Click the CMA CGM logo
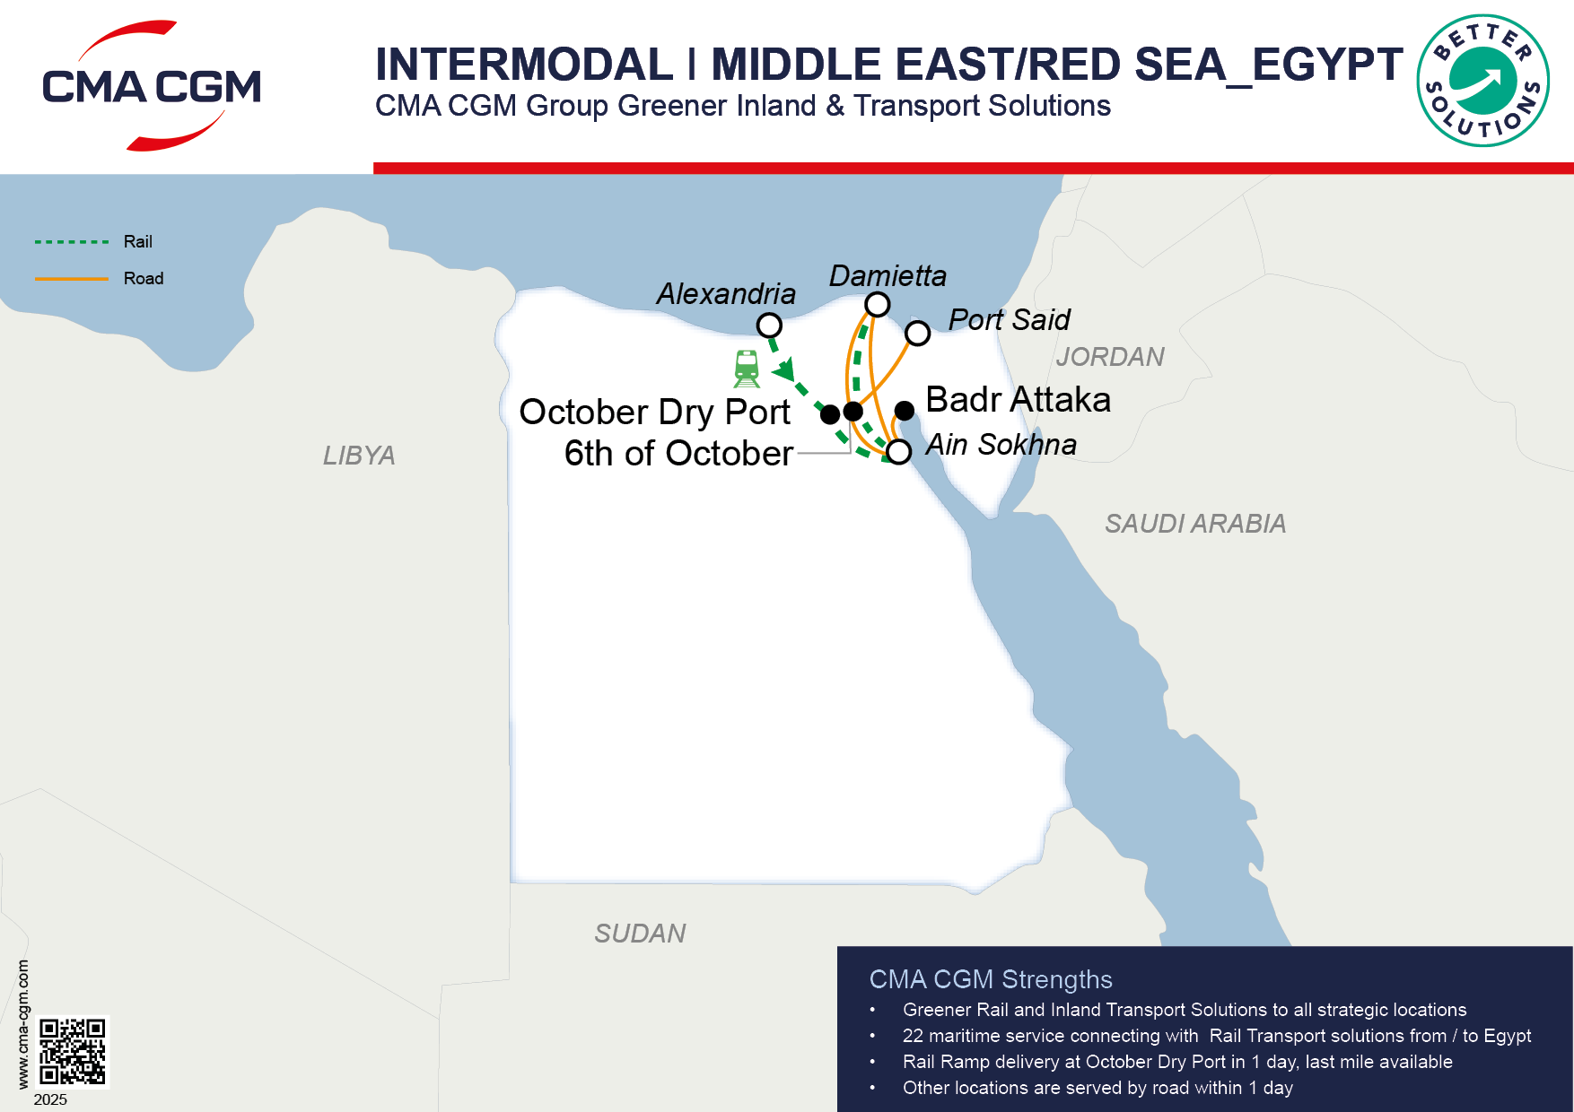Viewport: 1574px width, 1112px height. pyautogui.click(x=151, y=86)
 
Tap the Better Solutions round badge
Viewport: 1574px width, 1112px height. pyautogui.click(x=1482, y=81)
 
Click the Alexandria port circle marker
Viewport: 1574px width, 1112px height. pyautogui.click(x=769, y=325)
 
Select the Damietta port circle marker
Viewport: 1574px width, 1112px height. pyautogui.click(x=877, y=305)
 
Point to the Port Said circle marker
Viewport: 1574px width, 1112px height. pyautogui.click(x=917, y=334)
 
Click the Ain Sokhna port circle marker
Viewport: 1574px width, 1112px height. pyautogui.click(x=898, y=451)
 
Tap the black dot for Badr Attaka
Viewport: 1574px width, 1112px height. pyautogui.click(x=905, y=410)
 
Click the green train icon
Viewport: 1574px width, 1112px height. pyautogui.click(x=747, y=369)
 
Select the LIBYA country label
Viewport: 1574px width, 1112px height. pyautogui.click(x=359, y=456)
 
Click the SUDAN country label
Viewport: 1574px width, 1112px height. pyautogui.click(x=640, y=934)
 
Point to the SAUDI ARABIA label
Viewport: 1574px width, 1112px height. pyautogui.click(x=1195, y=524)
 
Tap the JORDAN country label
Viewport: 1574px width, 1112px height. pyautogui.click(x=1110, y=357)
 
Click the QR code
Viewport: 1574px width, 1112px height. pyautogui.click(x=73, y=1051)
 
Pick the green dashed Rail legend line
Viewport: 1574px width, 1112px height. pyautogui.click(x=72, y=242)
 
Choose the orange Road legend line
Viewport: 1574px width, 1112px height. pyautogui.click(x=72, y=279)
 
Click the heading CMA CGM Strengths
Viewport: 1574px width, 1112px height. pyautogui.click(x=991, y=979)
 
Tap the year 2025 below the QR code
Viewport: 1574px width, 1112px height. pyautogui.click(x=50, y=1099)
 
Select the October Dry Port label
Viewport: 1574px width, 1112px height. pyautogui.click(x=654, y=413)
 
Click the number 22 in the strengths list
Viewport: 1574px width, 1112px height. pyautogui.click(x=913, y=1036)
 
